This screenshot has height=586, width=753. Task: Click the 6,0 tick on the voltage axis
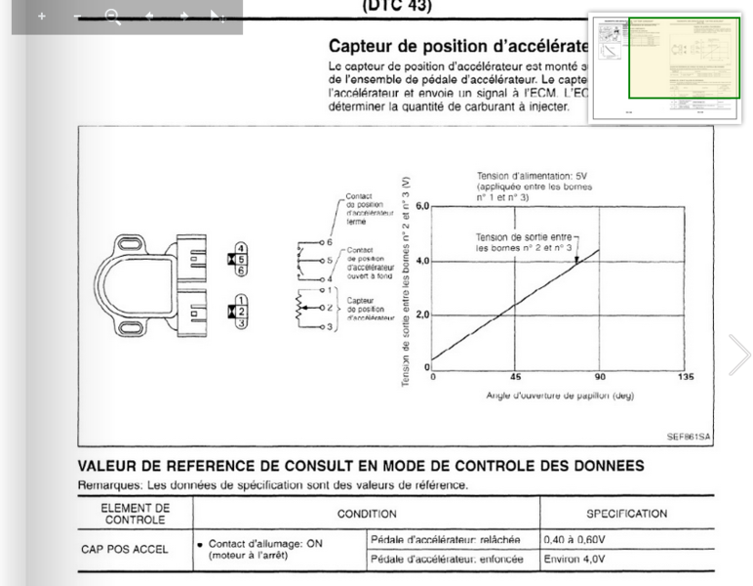(x=422, y=207)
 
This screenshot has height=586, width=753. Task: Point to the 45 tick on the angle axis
(x=516, y=377)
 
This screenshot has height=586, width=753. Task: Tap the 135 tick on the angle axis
(x=686, y=377)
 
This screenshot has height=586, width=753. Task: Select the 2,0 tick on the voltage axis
(x=422, y=314)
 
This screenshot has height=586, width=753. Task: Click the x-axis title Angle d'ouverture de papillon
(x=560, y=396)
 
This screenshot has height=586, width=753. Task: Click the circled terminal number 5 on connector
(x=240, y=259)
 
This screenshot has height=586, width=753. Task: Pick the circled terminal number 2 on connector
(x=240, y=312)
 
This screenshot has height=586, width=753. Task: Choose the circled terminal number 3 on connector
(x=240, y=323)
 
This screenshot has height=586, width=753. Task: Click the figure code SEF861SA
(x=688, y=437)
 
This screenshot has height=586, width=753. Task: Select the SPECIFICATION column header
(x=626, y=514)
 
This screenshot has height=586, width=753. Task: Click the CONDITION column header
(x=367, y=514)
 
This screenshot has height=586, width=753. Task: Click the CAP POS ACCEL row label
(x=125, y=549)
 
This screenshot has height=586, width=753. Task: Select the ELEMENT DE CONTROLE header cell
(x=135, y=514)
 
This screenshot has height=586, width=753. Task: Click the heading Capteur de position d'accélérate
(x=458, y=46)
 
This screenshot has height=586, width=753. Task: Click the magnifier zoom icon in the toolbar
(x=112, y=17)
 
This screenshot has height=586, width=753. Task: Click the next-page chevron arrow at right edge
(x=739, y=354)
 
